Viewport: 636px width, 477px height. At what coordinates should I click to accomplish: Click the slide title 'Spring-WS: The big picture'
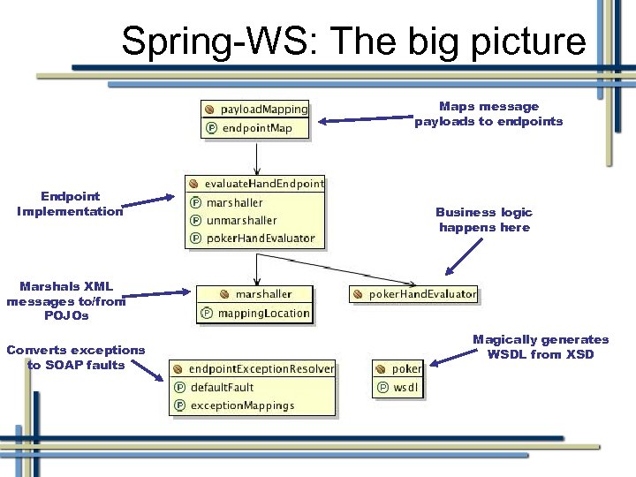pyautogui.click(x=353, y=42)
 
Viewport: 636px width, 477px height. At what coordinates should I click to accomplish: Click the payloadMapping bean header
pyautogui.click(x=256, y=110)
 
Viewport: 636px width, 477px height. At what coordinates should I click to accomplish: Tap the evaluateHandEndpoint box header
pyautogui.click(x=255, y=184)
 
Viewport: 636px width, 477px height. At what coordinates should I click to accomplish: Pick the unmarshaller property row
pyautogui.click(x=241, y=220)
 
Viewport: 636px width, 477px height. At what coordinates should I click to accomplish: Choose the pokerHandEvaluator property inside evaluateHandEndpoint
pyautogui.click(x=260, y=238)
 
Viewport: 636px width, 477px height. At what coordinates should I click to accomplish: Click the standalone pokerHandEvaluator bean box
pyautogui.click(x=414, y=294)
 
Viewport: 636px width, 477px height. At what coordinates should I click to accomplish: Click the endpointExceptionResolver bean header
pyautogui.click(x=254, y=369)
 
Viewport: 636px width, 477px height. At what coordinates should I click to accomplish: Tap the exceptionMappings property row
pyautogui.click(x=241, y=405)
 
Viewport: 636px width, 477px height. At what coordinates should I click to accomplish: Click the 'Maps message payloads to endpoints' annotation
pyautogui.click(x=488, y=114)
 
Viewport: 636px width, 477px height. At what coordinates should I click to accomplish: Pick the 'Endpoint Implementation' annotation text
pyautogui.click(x=70, y=203)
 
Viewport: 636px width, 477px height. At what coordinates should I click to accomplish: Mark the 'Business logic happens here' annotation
pyautogui.click(x=484, y=220)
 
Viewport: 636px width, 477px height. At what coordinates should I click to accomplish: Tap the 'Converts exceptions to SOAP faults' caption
pyautogui.click(x=75, y=357)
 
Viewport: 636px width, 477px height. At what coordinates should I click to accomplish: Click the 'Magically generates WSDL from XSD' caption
pyautogui.click(x=541, y=346)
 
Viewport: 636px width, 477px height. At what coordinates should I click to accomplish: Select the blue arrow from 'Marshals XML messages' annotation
pyautogui.click(x=158, y=292)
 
